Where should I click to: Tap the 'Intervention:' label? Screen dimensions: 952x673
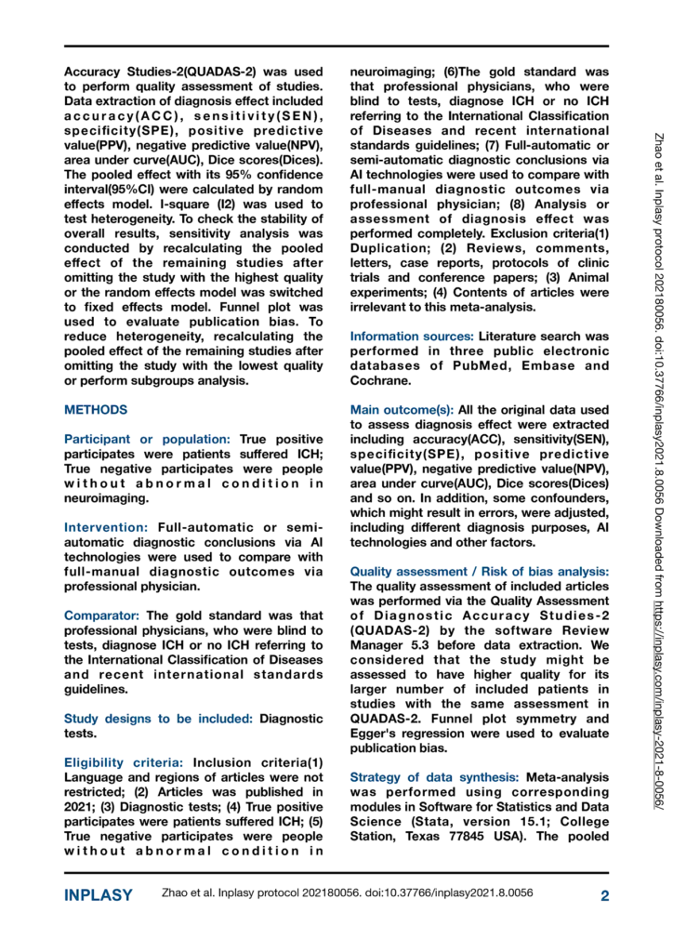[x=105, y=500]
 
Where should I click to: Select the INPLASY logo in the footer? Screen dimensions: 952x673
[x=99, y=896]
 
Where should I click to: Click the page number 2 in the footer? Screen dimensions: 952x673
[x=603, y=896]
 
